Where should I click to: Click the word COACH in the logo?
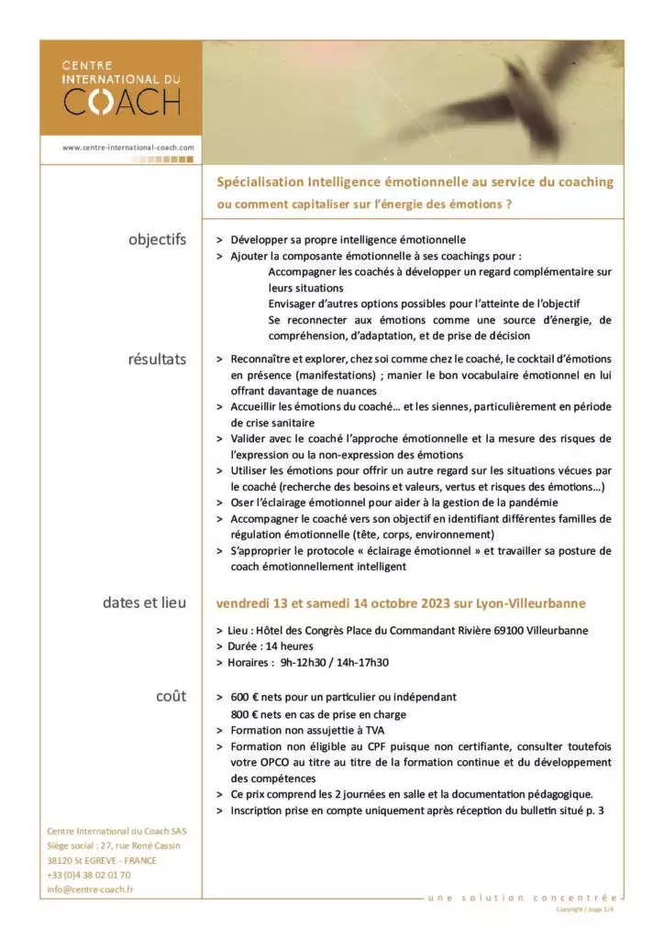click(121, 100)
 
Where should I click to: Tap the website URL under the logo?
click(128, 147)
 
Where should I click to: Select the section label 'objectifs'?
click(157, 240)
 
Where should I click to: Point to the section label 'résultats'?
click(157, 359)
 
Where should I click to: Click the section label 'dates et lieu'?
click(144, 602)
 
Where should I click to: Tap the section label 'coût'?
click(172, 696)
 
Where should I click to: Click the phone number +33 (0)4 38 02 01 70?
click(88, 875)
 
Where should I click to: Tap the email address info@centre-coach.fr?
click(90, 889)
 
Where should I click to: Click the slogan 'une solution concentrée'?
click(523, 897)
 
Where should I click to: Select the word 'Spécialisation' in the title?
click(260, 182)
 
